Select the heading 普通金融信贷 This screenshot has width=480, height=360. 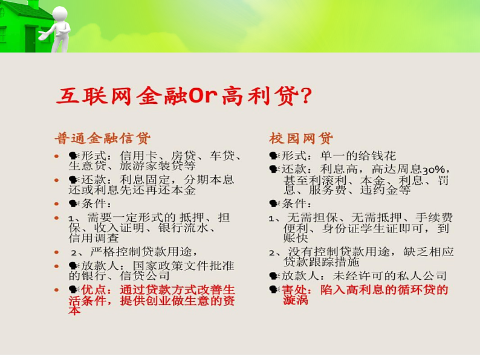point(102,137)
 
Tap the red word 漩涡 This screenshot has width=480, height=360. point(296,300)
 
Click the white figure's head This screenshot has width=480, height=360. point(59,13)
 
